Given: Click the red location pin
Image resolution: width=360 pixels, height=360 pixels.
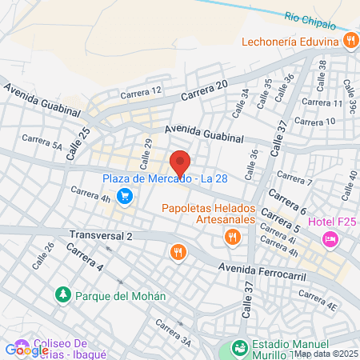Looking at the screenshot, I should (180, 163).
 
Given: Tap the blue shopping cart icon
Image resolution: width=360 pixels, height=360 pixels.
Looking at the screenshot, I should (124, 195).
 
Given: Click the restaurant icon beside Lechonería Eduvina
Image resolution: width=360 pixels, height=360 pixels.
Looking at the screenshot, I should (349, 40).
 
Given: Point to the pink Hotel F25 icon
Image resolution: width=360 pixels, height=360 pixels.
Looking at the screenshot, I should (329, 238).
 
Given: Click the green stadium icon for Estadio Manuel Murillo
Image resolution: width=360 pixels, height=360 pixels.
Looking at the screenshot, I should (238, 348).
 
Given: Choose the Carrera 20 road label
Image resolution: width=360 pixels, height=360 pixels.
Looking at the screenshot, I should (204, 90).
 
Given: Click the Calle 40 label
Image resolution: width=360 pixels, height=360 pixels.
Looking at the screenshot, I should (351, 186).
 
